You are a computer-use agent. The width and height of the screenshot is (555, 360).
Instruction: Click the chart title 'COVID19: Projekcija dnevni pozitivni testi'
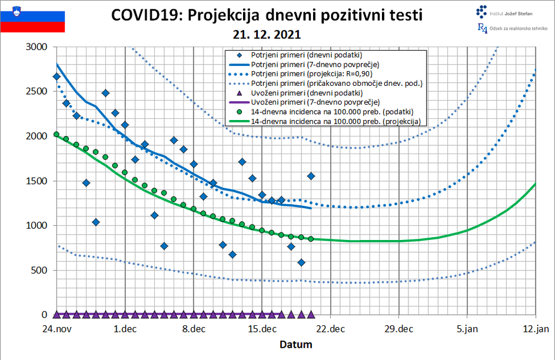tap(267, 15)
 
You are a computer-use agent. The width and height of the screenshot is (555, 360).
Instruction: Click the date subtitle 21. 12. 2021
tap(266, 34)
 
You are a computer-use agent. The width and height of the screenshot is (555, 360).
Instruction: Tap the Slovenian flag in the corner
tap(32, 18)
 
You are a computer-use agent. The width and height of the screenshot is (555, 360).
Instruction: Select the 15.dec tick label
tap(262, 329)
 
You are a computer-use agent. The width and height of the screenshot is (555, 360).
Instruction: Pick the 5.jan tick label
tap(467, 329)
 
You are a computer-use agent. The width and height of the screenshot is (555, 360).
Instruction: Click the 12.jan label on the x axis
tap(535, 329)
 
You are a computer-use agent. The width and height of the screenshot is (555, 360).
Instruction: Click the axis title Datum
tap(295, 344)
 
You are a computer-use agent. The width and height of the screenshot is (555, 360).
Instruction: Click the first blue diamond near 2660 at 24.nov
tap(57, 76)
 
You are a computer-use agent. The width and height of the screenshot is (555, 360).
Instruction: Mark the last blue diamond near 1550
tap(311, 176)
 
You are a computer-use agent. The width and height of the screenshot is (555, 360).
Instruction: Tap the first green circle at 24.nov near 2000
tap(57, 134)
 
